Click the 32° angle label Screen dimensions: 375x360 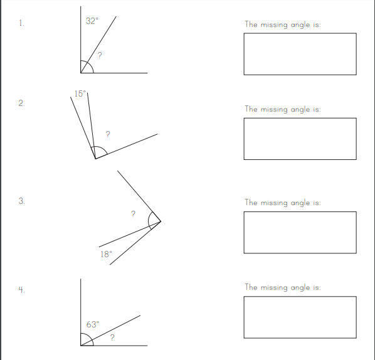click(x=92, y=21)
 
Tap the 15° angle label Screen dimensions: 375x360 click(x=80, y=93)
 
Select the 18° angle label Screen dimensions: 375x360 click(x=106, y=254)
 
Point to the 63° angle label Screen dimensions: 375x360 click(x=93, y=324)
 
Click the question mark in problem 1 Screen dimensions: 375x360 click(x=100, y=55)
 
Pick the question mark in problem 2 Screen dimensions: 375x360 click(x=108, y=134)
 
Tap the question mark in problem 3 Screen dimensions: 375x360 click(x=133, y=214)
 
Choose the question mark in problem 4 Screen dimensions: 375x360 click(x=112, y=337)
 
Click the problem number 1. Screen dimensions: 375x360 click(x=21, y=23)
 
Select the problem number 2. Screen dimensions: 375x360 click(x=21, y=103)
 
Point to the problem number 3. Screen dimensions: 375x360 click(x=21, y=201)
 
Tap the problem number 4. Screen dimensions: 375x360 click(x=21, y=290)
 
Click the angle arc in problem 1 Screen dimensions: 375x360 click(x=90, y=64)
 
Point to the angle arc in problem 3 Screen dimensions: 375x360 click(x=149, y=221)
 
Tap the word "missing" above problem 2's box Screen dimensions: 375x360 click(x=274, y=110)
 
